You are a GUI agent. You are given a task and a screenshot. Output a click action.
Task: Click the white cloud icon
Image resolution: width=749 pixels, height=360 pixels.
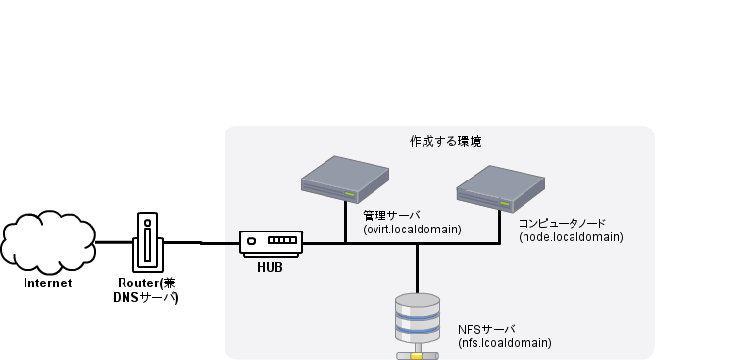click(48, 242)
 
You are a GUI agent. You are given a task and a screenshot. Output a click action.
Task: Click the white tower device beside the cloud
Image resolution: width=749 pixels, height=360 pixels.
click(148, 242)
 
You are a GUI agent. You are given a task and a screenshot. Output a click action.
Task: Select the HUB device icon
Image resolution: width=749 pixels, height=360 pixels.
click(271, 242)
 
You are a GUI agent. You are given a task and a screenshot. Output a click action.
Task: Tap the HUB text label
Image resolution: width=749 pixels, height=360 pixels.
click(270, 266)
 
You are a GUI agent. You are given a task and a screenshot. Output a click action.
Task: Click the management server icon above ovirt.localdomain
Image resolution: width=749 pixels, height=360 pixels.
click(345, 179)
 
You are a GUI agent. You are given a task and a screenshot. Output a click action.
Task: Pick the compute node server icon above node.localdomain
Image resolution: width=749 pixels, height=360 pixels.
click(500, 187)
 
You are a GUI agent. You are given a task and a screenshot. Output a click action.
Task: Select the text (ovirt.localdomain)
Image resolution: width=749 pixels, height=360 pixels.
click(412, 230)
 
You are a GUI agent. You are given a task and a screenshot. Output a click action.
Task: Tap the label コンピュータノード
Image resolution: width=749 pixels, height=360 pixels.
click(564, 223)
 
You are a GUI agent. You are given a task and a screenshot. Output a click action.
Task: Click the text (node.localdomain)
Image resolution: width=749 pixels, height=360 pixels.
click(570, 237)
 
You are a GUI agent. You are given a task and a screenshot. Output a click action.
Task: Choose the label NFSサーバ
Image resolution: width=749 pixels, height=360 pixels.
click(486, 329)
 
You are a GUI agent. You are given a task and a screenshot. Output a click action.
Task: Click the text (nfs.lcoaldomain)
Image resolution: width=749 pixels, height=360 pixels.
click(505, 343)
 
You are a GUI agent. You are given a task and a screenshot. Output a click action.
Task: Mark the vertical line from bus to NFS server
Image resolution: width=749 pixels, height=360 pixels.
click(417, 267)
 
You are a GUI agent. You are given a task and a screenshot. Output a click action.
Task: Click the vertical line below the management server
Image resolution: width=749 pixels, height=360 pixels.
click(345, 224)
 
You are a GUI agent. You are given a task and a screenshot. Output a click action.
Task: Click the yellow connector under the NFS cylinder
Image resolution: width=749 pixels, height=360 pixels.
click(417, 355)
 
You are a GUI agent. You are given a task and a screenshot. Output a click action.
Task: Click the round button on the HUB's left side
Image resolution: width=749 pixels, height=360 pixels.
click(252, 241)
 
